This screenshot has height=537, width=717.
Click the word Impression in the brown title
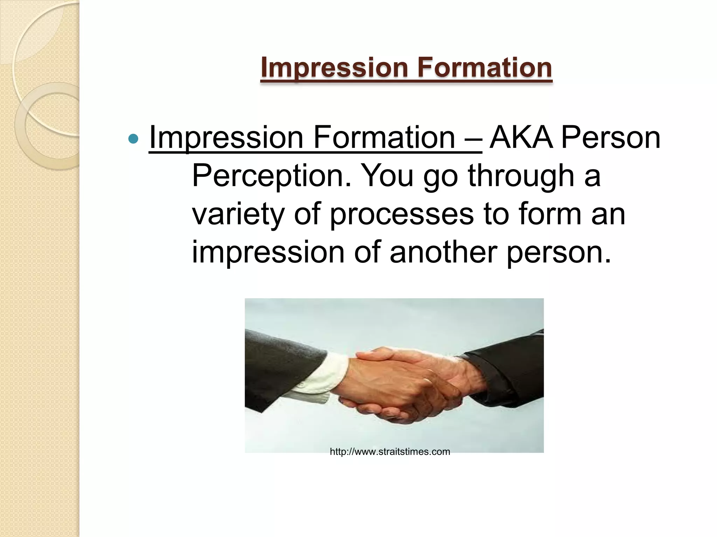(334, 67)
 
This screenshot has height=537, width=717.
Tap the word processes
(402, 214)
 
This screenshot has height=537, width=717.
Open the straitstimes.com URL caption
(390, 452)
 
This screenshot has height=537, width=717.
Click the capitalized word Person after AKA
(611, 137)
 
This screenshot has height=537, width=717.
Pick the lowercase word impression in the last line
(268, 252)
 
